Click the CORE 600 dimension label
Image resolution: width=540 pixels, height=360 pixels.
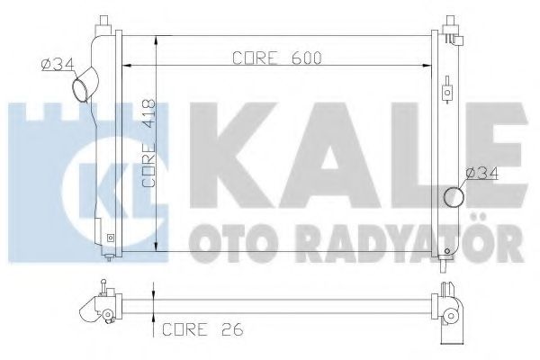tap(276, 58)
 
